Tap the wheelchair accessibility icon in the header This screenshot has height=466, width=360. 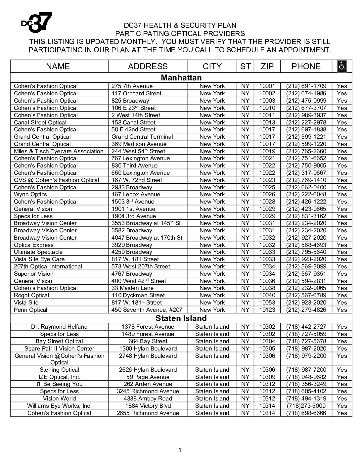click(341, 66)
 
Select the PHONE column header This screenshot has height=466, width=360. click(306, 66)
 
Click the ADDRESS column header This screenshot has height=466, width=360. click(148, 66)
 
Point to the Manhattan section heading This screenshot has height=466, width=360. click(181, 78)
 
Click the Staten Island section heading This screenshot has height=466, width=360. click(181, 318)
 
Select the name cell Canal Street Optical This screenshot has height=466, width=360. click(40, 122)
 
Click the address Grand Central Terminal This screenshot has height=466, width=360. click(142, 137)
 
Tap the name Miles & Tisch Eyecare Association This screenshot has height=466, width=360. click(59, 151)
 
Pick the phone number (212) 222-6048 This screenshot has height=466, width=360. click(306, 194)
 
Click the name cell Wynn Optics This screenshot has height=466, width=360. click(30, 194)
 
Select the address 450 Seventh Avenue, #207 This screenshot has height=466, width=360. click(147, 310)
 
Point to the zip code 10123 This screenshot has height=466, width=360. click(267, 310)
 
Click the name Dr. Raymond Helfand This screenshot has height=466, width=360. click(59, 327)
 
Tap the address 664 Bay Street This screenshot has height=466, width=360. click(148, 341)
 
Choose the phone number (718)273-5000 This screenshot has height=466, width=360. click(306, 406)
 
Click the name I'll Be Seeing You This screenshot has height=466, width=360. click(59, 384)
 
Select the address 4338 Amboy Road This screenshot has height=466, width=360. click(148, 398)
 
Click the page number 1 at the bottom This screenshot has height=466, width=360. click(180, 450)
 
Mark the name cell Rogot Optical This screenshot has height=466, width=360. click(31, 295)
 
